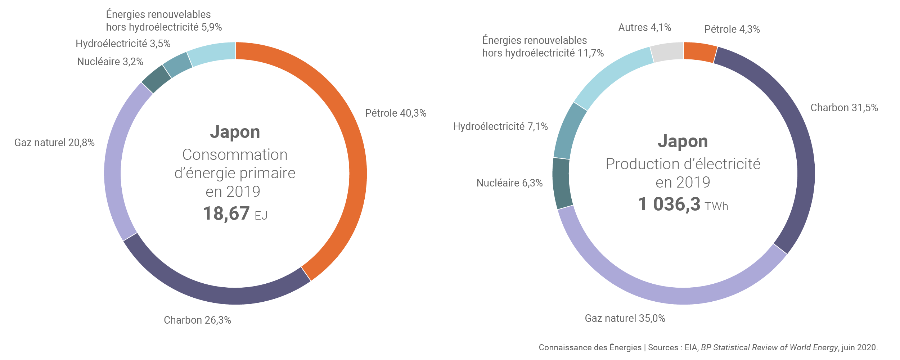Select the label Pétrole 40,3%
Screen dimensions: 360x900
point(396,113)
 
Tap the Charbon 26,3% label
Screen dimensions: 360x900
point(197,320)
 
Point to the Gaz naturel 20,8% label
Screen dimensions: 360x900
point(54,143)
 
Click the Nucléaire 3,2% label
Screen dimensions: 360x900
point(110,62)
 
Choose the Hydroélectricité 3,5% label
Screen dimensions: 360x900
point(123,44)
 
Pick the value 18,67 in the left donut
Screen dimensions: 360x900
point(226,213)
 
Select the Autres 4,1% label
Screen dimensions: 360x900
point(644,28)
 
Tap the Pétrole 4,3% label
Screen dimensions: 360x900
point(732,30)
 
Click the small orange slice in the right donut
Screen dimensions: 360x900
point(699,53)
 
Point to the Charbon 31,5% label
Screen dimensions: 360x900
point(844,108)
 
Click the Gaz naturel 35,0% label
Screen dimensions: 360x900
point(625,319)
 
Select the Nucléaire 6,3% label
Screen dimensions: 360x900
point(509,183)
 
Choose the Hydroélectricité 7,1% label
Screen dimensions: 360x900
point(500,127)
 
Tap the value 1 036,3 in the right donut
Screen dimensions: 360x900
point(669,204)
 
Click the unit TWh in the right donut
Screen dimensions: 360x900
point(716,207)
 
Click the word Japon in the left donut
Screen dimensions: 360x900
point(235,132)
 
